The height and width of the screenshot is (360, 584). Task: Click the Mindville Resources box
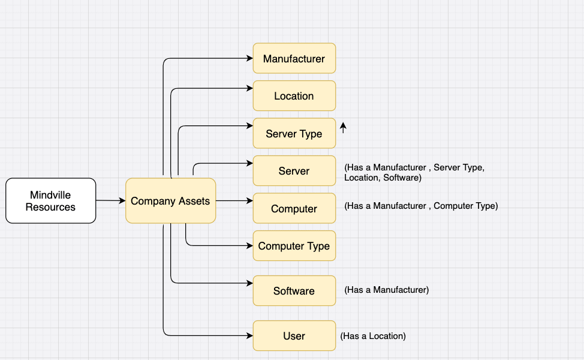(x=50, y=200)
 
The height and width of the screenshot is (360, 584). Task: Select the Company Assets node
(x=170, y=201)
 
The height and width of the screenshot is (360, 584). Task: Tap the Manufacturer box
(x=294, y=58)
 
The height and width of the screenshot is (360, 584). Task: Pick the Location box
(x=294, y=96)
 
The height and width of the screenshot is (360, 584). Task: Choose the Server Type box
(x=294, y=134)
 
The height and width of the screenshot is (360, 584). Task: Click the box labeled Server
(x=294, y=171)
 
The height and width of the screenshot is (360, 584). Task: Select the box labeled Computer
(x=294, y=209)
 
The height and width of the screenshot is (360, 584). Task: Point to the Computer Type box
(x=294, y=246)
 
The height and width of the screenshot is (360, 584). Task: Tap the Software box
(x=294, y=291)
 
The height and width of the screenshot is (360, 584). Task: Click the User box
(x=294, y=336)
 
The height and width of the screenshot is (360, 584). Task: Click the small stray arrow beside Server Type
(x=343, y=127)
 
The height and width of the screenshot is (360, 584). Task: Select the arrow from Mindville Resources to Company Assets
(x=110, y=200)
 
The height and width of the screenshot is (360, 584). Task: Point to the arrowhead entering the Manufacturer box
(x=249, y=58)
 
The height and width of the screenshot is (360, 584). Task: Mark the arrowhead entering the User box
(x=249, y=336)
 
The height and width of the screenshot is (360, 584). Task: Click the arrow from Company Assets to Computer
(x=234, y=200)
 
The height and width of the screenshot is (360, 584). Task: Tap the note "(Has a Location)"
(x=373, y=336)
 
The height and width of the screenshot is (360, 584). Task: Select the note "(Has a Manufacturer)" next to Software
(x=387, y=290)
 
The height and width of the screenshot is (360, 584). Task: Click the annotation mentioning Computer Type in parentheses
(x=421, y=206)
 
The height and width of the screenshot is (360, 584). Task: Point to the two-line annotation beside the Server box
(x=414, y=173)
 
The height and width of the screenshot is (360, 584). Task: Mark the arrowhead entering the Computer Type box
(x=249, y=245)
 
